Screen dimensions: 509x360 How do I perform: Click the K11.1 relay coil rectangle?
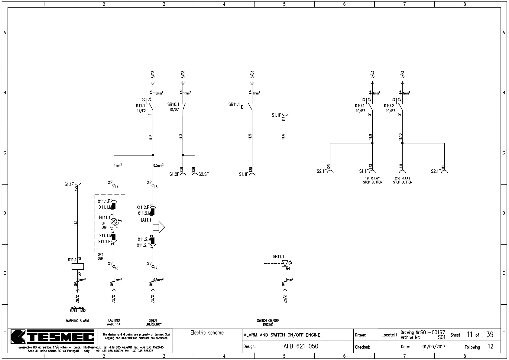78,267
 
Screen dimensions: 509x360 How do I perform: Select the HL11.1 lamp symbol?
114,221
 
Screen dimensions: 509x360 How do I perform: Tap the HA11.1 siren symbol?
161,227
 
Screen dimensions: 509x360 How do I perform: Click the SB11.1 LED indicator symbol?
285,263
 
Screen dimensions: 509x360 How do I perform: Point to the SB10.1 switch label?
173,105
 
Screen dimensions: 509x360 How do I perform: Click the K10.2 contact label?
389,106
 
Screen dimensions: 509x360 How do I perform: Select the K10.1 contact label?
360,106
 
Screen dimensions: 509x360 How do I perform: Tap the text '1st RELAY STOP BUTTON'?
372,180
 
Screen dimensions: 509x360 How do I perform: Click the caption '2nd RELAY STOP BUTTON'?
403,180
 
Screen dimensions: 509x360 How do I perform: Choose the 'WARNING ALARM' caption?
77,321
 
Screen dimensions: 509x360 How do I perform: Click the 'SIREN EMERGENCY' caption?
154,322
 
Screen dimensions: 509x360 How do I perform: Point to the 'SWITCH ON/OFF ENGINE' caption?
268,322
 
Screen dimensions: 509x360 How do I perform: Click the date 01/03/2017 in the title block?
434,347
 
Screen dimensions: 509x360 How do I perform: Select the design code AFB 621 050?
301,346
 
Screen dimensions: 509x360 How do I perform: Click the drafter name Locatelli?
389,335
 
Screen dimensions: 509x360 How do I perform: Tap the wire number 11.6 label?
283,137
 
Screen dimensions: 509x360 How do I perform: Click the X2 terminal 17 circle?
153,267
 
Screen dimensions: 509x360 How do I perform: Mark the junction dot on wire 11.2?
153,155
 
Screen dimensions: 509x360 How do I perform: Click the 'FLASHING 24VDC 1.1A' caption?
113,322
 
